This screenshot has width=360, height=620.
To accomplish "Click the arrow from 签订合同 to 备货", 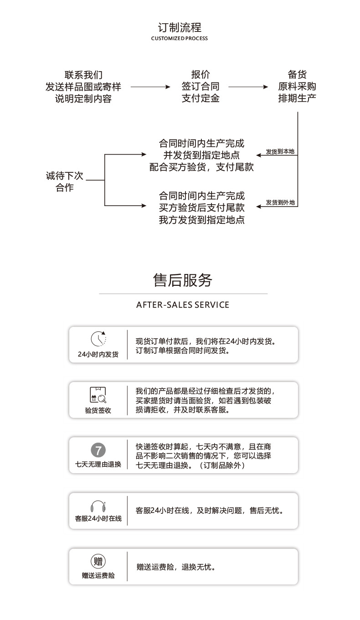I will (248, 87).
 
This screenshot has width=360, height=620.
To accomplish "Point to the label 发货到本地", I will (280, 151).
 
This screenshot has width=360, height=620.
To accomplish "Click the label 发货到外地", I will (280, 202).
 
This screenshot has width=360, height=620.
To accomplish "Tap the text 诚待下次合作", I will (64, 181).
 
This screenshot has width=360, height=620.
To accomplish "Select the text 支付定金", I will (201, 98).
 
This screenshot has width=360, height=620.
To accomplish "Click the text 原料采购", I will (297, 87).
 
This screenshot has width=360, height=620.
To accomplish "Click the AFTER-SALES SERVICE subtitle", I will (182, 305).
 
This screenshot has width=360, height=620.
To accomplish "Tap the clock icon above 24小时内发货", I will (98, 339).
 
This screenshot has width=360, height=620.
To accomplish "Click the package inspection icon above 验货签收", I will (98, 394).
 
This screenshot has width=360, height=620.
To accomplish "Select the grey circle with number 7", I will (98, 450).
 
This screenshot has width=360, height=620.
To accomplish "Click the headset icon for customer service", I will (98, 506).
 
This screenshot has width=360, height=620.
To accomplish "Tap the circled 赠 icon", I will (98, 561).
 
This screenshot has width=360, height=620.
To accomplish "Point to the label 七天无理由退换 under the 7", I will (98, 465).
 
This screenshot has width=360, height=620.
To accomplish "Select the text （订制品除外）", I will (223, 465).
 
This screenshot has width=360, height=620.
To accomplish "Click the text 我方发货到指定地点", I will (201, 220).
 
